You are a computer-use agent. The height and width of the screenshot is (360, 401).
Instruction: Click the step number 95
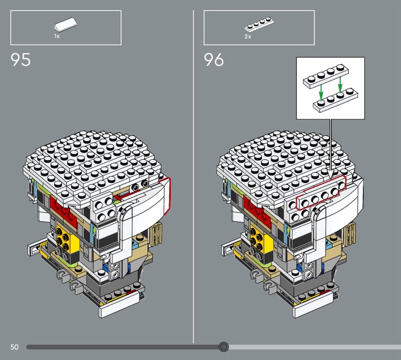pos(21,60)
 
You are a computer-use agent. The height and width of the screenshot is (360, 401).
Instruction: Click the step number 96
pos(214,60)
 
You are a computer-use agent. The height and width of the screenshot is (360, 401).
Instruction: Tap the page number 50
pos(15,347)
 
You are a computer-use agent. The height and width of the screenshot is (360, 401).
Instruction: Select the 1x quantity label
pos(57,36)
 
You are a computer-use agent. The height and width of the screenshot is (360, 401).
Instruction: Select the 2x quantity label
pos(248,37)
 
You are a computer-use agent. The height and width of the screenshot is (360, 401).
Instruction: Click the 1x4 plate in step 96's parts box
pos(259,24)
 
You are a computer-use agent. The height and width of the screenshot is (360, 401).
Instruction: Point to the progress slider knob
pos(224,347)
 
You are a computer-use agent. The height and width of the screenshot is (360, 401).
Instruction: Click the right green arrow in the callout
pos(340,85)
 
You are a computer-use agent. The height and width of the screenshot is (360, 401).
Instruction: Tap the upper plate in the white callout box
pos(326,76)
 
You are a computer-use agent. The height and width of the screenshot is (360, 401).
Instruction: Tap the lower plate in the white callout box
pos(335,100)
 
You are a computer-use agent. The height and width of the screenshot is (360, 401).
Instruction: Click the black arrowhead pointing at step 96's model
pos(331,175)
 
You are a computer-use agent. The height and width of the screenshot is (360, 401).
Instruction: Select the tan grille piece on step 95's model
pos(156,232)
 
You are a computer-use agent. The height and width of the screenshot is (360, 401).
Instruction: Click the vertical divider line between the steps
pos(193,176)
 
